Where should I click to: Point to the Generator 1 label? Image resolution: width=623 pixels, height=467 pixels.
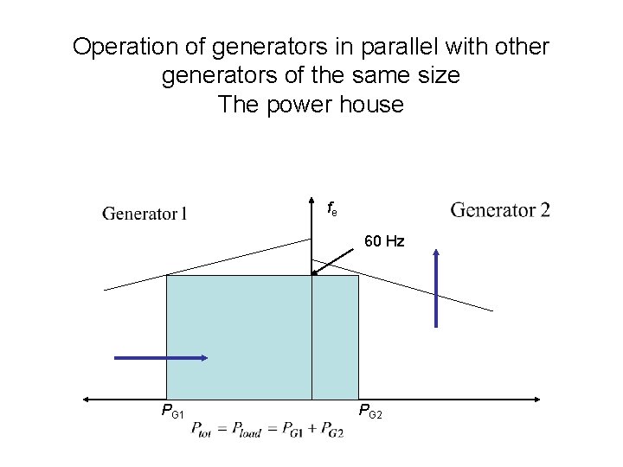(x=145, y=213)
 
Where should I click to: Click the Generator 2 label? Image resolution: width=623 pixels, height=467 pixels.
(x=500, y=209)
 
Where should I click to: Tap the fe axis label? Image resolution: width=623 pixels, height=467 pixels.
(x=331, y=208)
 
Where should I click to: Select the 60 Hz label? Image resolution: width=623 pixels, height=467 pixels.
(x=384, y=241)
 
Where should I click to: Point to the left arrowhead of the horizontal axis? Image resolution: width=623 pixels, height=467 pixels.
(x=87, y=399)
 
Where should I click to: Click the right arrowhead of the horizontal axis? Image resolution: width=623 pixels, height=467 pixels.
(x=536, y=399)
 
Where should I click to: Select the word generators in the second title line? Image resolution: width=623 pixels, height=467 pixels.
(x=217, y=76)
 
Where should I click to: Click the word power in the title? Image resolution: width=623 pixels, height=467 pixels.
(x=292, y=106)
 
